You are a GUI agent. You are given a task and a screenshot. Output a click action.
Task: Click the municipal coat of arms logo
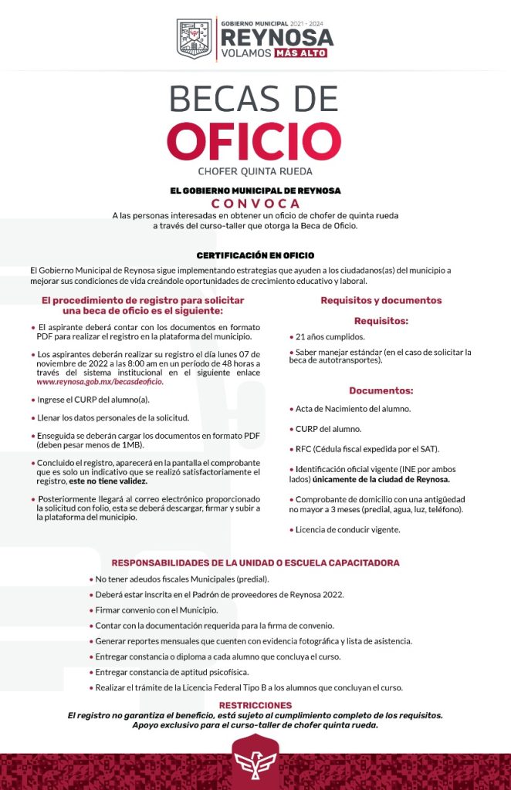coord(195,39)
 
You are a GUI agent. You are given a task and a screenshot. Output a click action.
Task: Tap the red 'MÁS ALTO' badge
coord(301,53)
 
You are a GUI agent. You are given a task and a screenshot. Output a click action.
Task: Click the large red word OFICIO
coord(255,140)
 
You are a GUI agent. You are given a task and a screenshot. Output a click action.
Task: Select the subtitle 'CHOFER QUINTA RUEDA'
coord(255,171)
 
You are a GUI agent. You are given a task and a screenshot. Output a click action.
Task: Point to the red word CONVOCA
coord(255,203)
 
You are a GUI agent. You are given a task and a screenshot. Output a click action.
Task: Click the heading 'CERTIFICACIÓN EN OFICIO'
coord(255,255)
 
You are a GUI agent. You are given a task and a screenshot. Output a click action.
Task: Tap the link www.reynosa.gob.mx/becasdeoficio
coord(100,382)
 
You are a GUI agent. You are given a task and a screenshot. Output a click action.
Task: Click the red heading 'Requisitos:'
coord(381,320)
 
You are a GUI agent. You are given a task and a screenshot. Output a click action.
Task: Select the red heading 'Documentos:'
coord(381,390)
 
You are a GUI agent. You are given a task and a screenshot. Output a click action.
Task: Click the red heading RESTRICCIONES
coord(255,705)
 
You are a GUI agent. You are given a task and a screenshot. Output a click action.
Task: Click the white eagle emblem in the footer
coord(255,760)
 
